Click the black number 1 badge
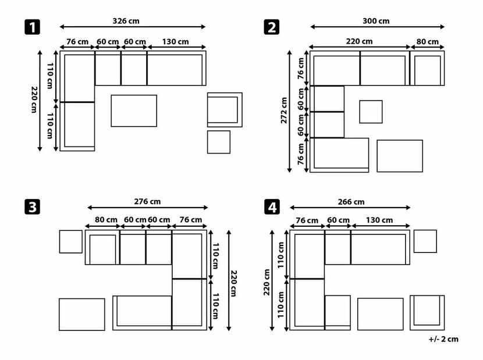(x=33, y=27)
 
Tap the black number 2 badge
(x=272, y=27)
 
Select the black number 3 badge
(x=33, y=206)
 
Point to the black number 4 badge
(x=272, y=206)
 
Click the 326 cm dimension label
(x=126, y=21)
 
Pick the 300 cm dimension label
(x=376, y=21)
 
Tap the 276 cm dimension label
(x=147, y=201)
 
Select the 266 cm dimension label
(x=351, y=202)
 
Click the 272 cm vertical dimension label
(x=284, y=111)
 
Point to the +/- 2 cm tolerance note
(x=443, y=339)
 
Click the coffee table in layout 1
(x=134, y=111)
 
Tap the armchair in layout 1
(x=225, y=110)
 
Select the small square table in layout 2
(x=371, y=112)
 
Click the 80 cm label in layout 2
(x=428, y=41)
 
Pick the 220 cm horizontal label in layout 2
(x=359, y=41)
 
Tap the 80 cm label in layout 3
(x=106, y=220)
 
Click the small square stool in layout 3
(x=71, y=242)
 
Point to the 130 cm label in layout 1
(x=175, y=41)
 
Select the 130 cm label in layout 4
(x=379, y=220)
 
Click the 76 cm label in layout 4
(x=307, y=220)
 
